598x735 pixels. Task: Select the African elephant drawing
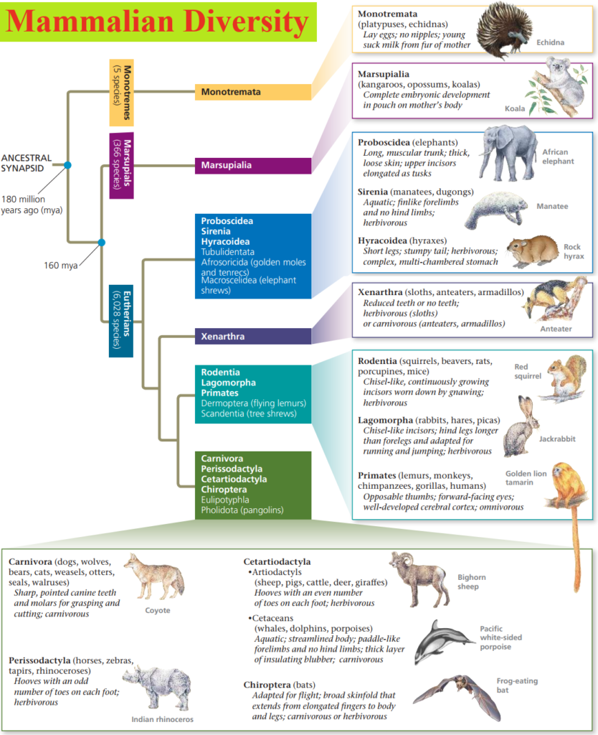[x=508, y=152]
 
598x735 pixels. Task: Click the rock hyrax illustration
[x=532, y=251]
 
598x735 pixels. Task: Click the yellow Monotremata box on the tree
[x=252, y=92]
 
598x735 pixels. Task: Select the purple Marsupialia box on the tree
[x=252, y=166]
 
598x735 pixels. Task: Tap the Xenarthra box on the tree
[x=252, y=336]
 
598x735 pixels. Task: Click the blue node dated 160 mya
[x=101, y=242]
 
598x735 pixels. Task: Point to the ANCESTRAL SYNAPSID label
[x=27, y=162]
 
